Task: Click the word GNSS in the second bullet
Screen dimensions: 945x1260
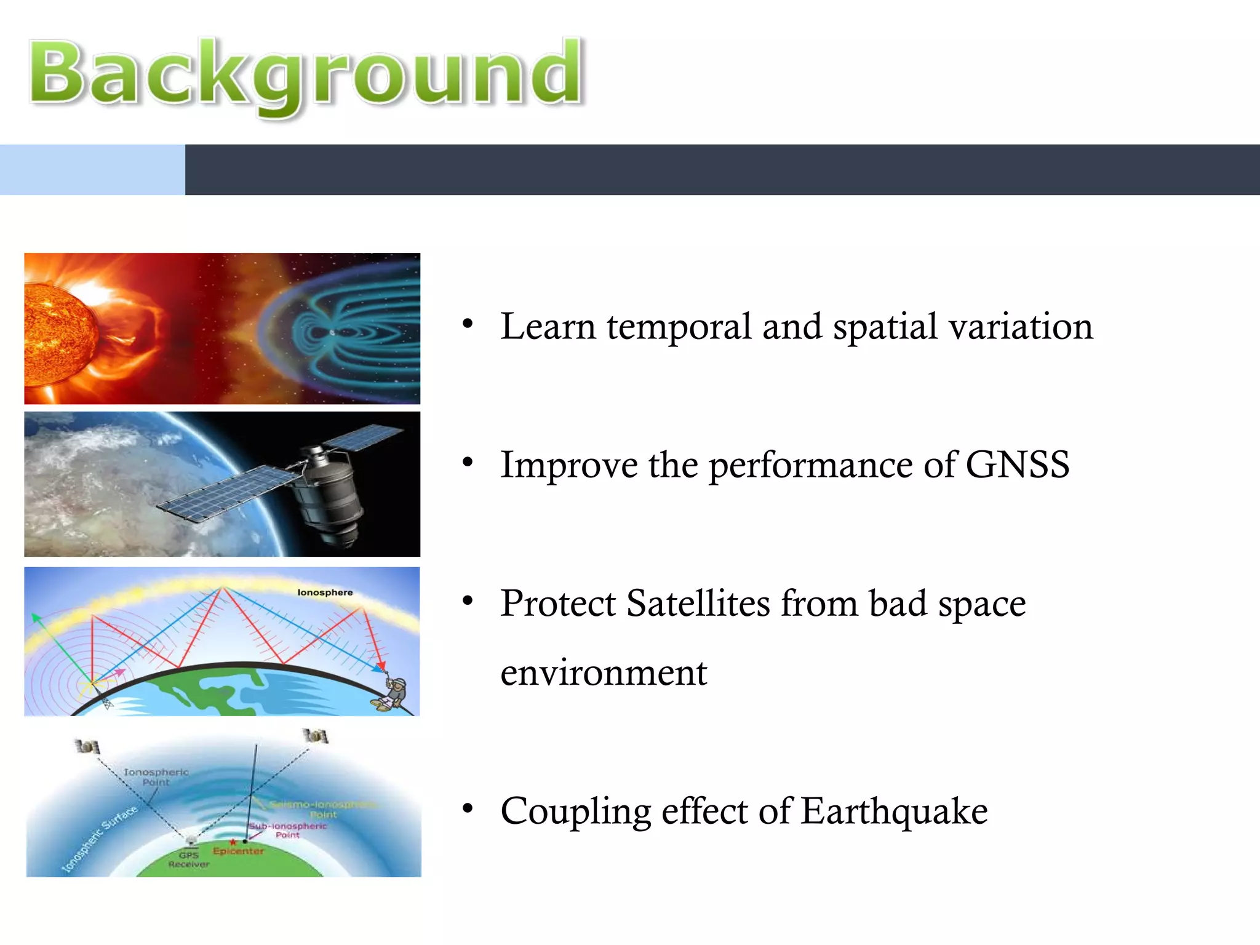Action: [1017, 465]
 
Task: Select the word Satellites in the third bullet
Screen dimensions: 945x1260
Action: [698, 603]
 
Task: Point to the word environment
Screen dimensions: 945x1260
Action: [604, 672]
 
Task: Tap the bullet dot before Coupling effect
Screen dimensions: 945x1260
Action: [468, 808]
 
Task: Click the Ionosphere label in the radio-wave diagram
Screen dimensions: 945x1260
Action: [325, 592]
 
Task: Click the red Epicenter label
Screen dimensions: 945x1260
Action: [238, 851]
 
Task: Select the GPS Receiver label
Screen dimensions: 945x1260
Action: [188, 859]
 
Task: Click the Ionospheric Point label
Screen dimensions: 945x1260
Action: [156, 777]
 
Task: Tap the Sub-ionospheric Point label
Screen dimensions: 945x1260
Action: [288, 830]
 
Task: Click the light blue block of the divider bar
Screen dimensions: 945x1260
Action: [92, 170]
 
